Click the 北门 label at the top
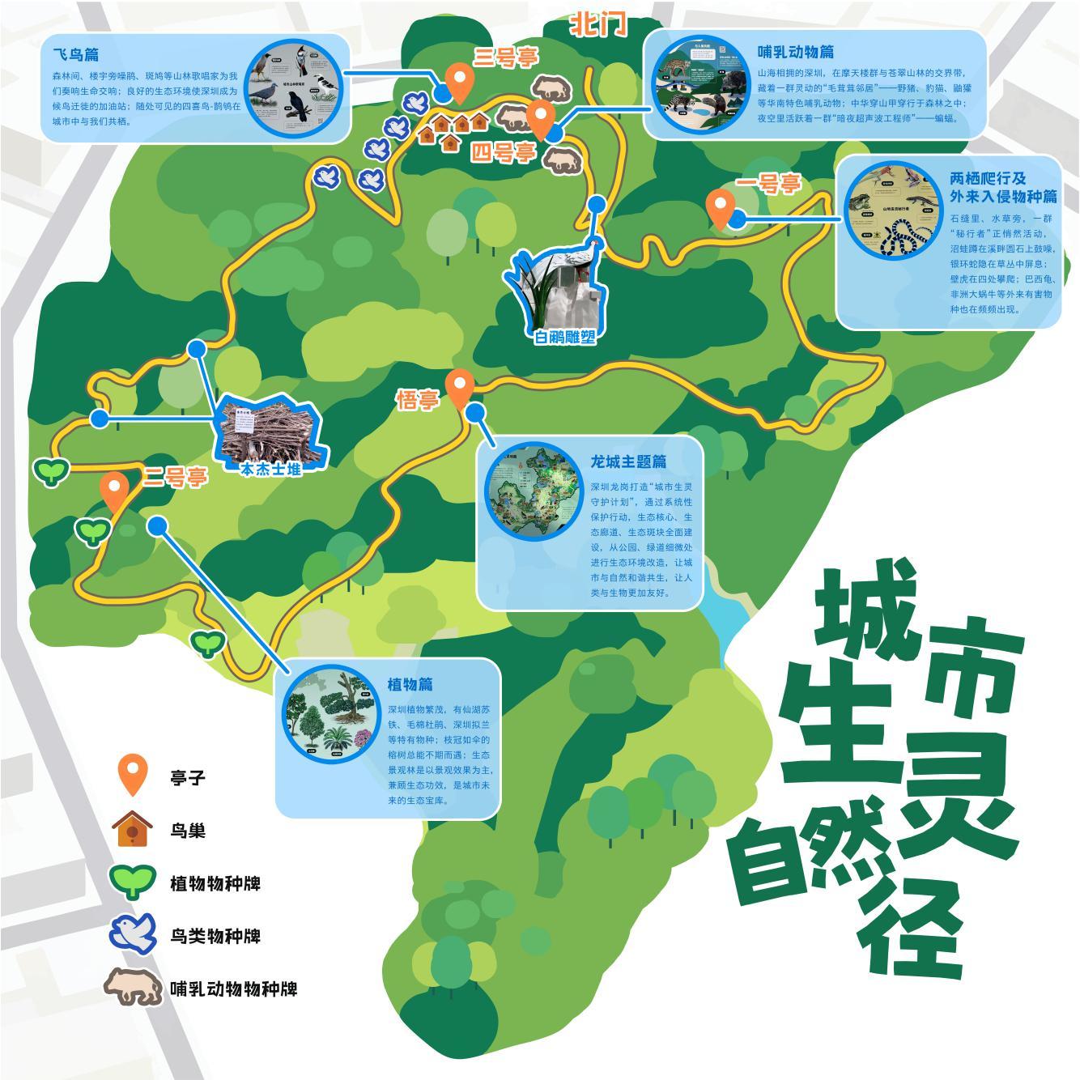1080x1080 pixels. (x=599, y=24)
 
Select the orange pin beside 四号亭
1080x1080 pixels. (x=540, y=117)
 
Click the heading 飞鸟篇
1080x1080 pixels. (x=76, y=54)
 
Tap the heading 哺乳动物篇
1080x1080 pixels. (x=796, y=51)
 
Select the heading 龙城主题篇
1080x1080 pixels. (x=628, y=461)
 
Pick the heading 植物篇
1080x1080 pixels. (x=410, y=683)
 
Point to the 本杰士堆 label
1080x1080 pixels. (x=271, y=469)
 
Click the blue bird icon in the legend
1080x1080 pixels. (x=133, y=934)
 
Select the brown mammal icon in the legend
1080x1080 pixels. (x=132, y=987)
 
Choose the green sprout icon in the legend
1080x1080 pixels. (x=133, y=881)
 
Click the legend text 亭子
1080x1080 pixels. (x=188, y=777)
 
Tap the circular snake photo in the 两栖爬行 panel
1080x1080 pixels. (x=894, y=210)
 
